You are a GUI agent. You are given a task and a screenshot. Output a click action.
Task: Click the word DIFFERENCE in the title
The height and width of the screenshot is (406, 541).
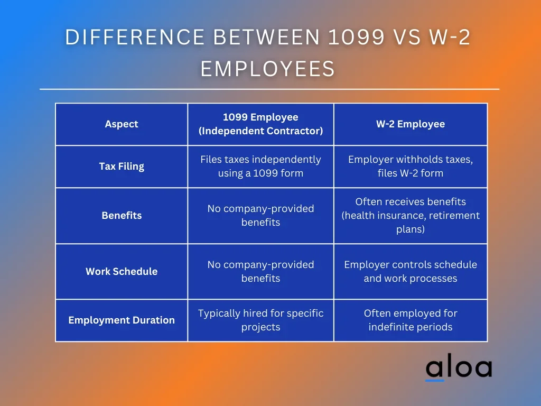click(x=135, y=38)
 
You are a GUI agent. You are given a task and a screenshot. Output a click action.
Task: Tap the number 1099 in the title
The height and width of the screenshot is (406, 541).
click(x=356, y=38)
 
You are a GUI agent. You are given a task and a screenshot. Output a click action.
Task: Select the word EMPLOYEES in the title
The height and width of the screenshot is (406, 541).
click(x=268, y=68)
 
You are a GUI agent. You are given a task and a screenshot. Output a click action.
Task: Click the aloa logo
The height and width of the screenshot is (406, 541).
click(x=459, y=367)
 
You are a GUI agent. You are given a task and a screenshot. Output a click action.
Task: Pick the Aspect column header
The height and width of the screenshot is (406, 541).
click(x=122, y=124)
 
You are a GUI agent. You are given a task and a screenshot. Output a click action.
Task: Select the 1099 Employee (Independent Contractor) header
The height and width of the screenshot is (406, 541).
click(x=260, y=124)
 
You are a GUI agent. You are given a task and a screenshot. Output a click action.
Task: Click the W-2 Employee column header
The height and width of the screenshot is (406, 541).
click(x=410, y=124)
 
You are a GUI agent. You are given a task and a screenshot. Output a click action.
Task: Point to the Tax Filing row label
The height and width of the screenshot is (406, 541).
click(x=122, y=167)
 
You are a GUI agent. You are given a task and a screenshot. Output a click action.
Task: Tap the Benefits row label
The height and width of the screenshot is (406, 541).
click(x=122, y=216)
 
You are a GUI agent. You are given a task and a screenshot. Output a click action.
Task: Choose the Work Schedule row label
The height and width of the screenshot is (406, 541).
click(x=122, y=271)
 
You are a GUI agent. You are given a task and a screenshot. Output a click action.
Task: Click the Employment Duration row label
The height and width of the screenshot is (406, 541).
click(x=122, y=320)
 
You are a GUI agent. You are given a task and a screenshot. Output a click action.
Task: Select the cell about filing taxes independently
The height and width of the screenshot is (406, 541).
click(x=260, y=166)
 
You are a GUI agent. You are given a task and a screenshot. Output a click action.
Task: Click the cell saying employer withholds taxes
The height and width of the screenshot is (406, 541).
click(x=410, y=166)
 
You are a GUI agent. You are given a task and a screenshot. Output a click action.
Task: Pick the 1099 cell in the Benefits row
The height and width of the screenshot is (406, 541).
click(x=260, y=216)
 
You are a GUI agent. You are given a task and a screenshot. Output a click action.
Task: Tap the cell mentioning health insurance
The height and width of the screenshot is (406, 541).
click(x=410, y=216)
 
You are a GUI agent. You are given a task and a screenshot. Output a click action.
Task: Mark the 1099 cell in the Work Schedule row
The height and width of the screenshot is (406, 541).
click(x=260, y=271)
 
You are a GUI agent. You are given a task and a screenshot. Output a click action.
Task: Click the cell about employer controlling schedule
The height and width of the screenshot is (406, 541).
click(x=410, y=271)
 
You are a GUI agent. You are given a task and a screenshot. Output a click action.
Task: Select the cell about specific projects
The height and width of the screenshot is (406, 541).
click(x=260, y=320)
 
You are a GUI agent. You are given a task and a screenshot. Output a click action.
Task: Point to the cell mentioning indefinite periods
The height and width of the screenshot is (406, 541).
click(x=410, y=320)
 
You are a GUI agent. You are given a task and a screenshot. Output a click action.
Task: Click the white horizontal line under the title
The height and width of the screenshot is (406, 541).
click(x=269, y=89)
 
